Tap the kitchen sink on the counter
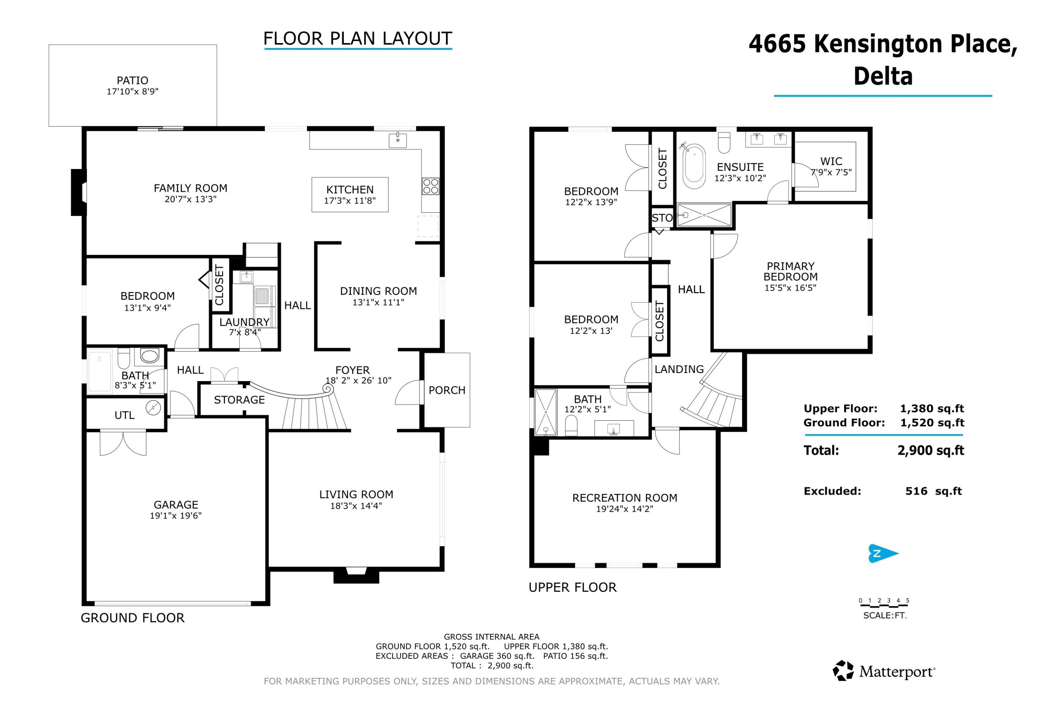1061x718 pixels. click(398, 140)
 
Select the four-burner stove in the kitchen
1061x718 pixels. click(430, 186)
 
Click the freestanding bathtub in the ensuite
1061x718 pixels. click(694, 166)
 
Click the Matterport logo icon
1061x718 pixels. click(843, 671)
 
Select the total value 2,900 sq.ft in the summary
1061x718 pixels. click(930, 450)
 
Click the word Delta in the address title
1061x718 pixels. click(883, 76)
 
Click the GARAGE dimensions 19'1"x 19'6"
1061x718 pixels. click(176, 516)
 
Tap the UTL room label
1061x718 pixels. click(124, 415)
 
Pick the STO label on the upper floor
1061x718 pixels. click(662, 218)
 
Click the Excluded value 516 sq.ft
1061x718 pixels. click(933, 491)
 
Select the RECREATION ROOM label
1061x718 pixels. click(625, 498)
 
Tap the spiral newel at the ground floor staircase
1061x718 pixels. click(327, 389)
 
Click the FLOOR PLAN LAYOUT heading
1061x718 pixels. click(358, 39)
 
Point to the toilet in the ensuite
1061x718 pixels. click(724, 143)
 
